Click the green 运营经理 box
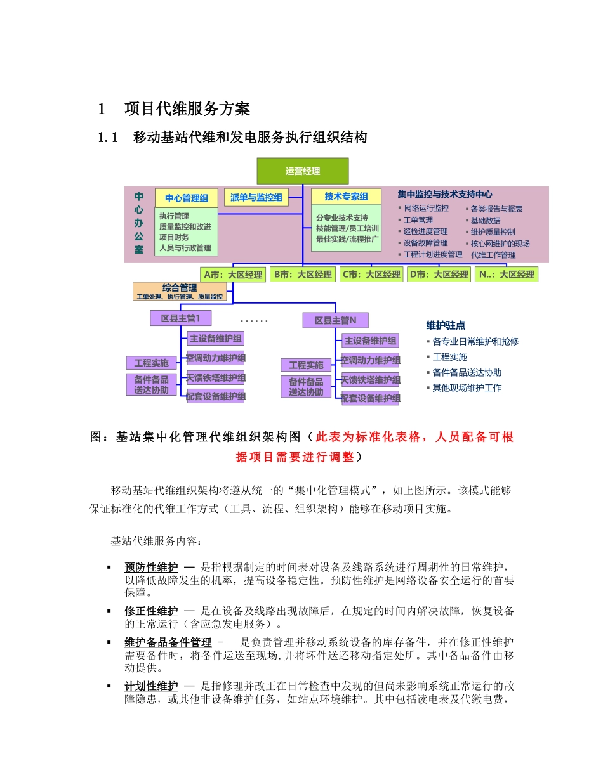[x=302, y=171]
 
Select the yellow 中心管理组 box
[x=187, y=198]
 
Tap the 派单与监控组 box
[x=256, y=197]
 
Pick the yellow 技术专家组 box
[x=346, y=197]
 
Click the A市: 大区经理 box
[x=232, y=275]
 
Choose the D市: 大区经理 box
[x=438, y=275]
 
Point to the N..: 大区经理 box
[x=507, y=275]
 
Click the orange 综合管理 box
[x=180, y=291]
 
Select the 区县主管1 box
[x=180, y=318]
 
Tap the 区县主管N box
[x=335, y=320]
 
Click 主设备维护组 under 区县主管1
[x=216, y=339]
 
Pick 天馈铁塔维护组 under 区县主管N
[x=370, y=380]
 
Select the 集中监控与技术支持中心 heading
[x=445, y=195]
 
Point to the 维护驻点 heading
[x=446, y=325]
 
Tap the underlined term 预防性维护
[x=151, y=566]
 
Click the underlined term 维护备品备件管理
[x=168, y=642]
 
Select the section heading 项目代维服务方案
[x=187, y=109]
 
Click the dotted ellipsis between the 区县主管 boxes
[x=255, y=322]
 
